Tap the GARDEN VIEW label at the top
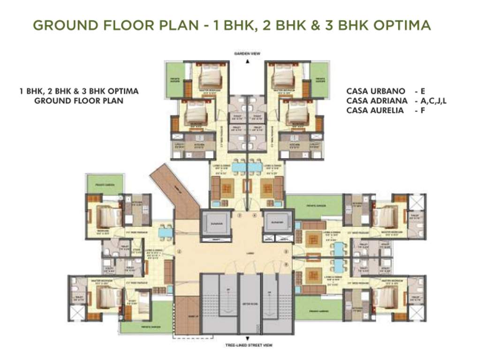(247, 54)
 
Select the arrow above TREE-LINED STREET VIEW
(247, 339)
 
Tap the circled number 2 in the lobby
(179, 251)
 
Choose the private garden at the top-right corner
(319, 80)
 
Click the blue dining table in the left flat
(165, 232)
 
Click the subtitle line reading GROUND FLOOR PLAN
(79, 101)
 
